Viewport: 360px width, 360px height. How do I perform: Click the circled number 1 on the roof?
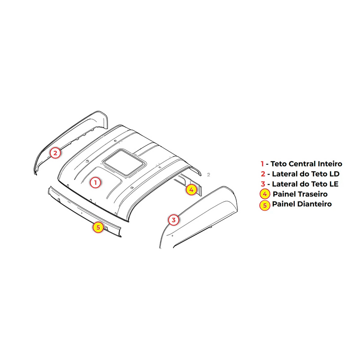(x=95, y=182)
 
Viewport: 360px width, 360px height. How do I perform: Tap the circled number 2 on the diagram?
(x=55, y=153)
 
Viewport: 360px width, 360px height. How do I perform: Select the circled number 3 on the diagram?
(x=174, y=220)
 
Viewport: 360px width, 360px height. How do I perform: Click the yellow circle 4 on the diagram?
(x=191, y=190)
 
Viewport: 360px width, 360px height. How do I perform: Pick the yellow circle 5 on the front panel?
(x=98, y=227)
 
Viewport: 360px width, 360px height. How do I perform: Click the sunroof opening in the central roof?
(x=124, y=162)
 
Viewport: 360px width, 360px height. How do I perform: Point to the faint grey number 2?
(x=208, y=175)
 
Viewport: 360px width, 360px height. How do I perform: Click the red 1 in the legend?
(x=262, y=164)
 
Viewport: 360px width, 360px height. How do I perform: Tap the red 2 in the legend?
(x=263, y=174)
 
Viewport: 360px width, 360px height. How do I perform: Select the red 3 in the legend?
(x=263, y=184)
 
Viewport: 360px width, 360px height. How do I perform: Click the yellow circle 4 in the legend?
(x=265, y=194)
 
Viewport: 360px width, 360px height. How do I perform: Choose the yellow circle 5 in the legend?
(x=265, y=205)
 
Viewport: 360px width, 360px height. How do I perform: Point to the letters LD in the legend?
(x=334, y=174)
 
